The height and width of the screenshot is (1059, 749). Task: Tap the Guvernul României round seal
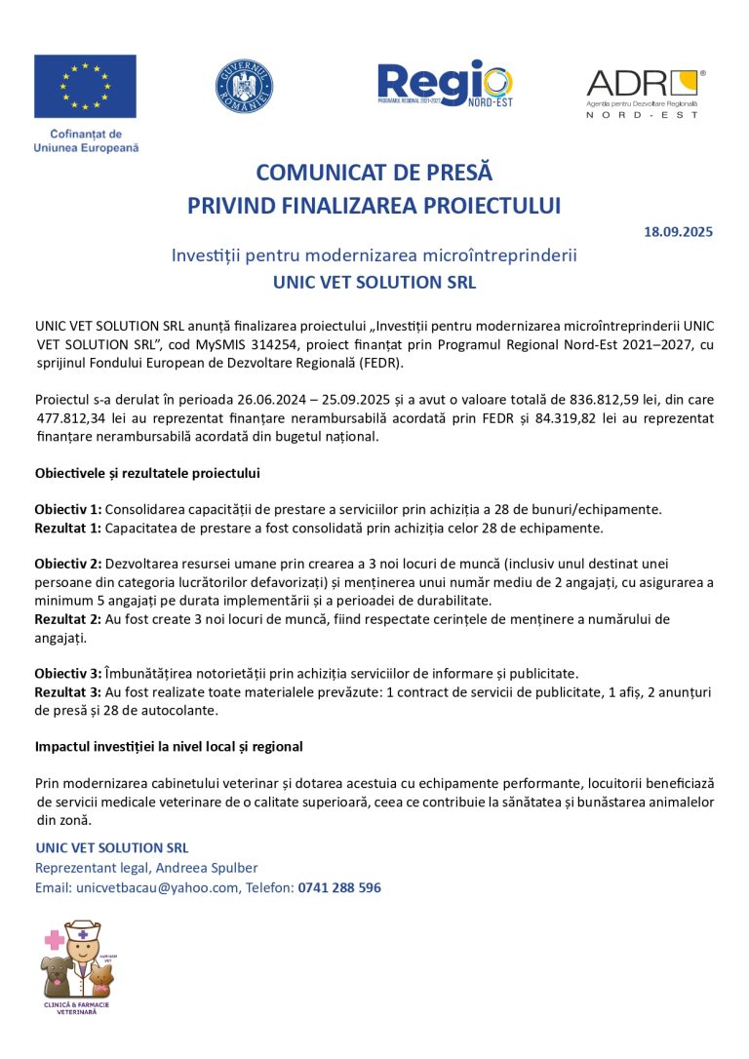(244, 86)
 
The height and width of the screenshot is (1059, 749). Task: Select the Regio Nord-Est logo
(444, 85)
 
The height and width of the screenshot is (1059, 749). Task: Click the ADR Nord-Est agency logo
(643, 94)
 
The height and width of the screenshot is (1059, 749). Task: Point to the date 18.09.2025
(678, 232)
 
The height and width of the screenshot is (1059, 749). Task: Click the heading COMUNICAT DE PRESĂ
(374, 173)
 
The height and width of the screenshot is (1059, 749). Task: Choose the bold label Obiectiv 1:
(67, 509)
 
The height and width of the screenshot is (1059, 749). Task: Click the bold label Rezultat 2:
(67, 619)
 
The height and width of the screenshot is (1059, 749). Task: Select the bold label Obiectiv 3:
(67, 674)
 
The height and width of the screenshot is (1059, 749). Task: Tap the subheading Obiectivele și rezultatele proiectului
(147, 473)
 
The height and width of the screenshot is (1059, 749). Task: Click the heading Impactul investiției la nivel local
(169, 746)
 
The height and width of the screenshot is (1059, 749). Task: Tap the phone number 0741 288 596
(340, 887)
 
